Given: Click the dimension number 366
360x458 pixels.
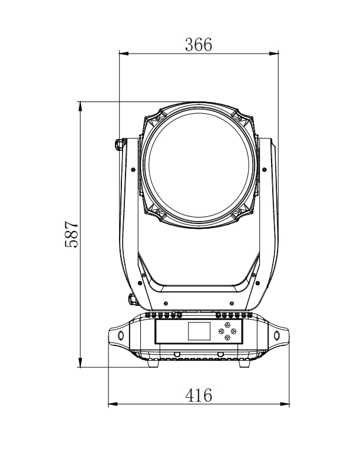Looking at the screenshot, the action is [x=199, y=45].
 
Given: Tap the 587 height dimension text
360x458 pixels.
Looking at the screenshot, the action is [x=71, y=234].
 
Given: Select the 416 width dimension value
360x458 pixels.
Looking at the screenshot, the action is [x=199, y=395].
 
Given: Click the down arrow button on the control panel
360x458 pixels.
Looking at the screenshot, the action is [x=227, y=338].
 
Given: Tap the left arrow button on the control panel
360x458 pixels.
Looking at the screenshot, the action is [x=221, y=331].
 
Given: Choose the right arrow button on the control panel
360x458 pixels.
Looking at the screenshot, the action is [x=233, y=331].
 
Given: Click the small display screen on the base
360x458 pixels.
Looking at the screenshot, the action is [x=199, y=331].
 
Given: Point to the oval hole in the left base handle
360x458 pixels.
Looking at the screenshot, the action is [x=121, y=335].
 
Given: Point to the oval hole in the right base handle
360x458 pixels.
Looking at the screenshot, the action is [x=277, y=335].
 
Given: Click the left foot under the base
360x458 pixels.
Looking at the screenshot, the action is [x=154, y=364].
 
